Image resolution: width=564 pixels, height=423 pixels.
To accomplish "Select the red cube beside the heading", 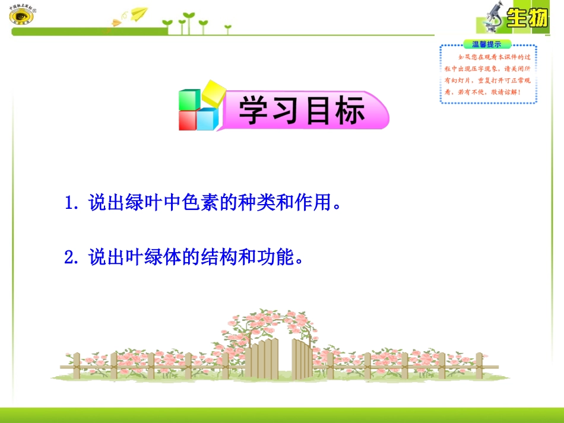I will click(x=188, y=120).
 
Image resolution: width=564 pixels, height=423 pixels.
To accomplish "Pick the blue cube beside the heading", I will click(x=207, y=119).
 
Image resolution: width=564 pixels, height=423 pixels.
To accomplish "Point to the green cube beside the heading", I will click(x=190, y=98).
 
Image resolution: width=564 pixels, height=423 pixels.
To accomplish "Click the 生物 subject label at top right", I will click(x=527, y=18).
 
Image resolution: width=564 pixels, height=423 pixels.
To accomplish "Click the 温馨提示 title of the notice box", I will click(x=487, y=44).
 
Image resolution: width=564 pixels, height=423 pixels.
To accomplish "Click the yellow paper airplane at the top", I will click(x=139, y=12).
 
